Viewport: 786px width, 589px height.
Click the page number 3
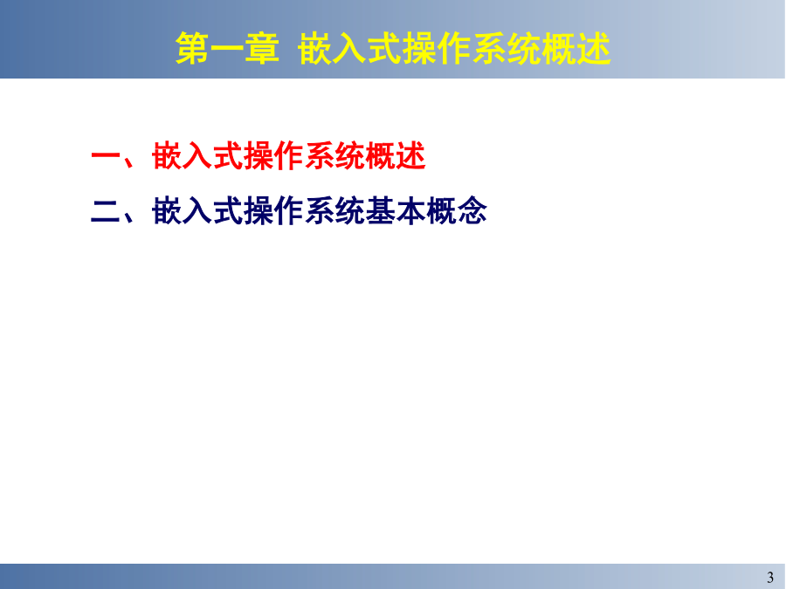770,578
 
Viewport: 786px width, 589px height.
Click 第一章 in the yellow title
227,49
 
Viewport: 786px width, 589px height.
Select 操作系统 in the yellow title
472,49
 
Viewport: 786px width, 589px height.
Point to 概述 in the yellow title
576,49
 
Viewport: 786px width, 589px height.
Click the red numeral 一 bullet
106,157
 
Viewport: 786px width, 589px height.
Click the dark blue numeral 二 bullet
106,211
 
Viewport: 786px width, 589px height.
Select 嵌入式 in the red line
197,156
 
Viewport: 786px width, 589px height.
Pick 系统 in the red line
334,156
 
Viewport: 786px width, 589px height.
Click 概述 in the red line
396,156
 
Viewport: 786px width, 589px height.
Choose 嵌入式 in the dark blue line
197,210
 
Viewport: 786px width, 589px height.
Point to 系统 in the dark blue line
334,210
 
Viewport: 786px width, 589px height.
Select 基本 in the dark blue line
396,210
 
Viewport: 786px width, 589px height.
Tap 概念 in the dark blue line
457,210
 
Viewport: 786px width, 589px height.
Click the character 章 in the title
262,49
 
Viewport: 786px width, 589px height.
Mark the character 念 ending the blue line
472,210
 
